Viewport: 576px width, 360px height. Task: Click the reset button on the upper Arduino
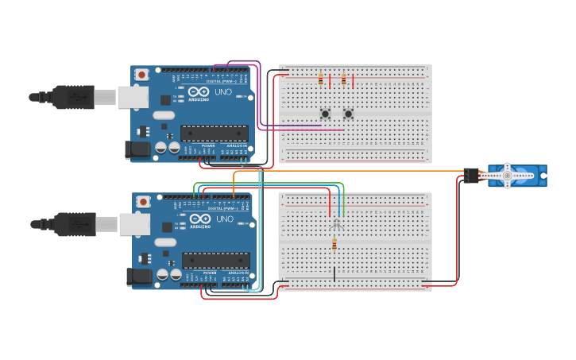tap(141, 75)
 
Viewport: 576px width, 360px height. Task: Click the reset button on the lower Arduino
tap(144, 202)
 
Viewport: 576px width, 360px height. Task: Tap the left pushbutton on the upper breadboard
tap(324, 113)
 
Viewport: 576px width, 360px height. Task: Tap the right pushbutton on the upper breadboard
tap(347, 113)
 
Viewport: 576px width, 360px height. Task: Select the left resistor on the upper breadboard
tap(320, 79)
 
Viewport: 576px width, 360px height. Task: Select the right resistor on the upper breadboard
tap(343, 79)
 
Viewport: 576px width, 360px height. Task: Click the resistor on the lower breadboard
tap(334, 246)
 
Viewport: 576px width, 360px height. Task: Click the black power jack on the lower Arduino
tap(140, 277)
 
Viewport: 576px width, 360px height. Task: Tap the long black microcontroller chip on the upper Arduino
tap(214, 133)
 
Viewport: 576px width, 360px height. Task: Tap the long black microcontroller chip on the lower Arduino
tap(216, 260)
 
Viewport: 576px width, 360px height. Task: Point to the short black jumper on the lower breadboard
tap(334, 273)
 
